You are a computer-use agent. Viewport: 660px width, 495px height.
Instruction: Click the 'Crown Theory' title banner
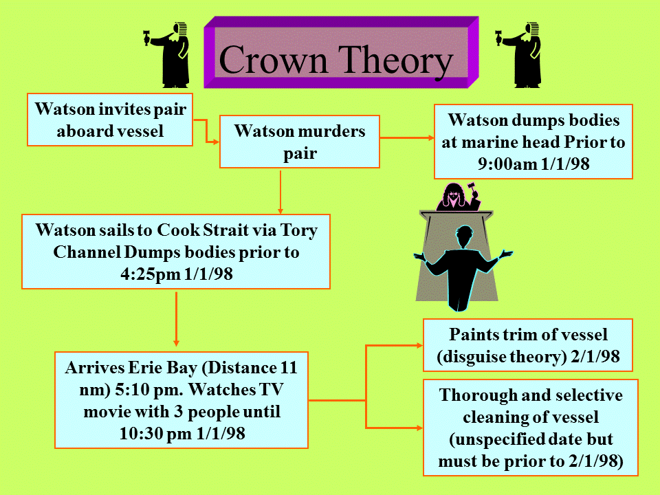[341, 52]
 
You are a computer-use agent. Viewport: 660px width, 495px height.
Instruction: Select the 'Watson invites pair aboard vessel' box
[110, 120]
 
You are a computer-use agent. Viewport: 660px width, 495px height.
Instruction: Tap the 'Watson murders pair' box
[300, 142]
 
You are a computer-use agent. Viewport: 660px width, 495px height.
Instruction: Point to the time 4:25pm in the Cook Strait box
[151, 274]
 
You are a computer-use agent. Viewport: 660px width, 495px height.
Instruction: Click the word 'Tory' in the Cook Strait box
[299, 231]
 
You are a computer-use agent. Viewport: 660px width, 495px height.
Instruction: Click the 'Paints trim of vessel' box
[528, 345]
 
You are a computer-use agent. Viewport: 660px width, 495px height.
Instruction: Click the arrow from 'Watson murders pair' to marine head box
[407, 137]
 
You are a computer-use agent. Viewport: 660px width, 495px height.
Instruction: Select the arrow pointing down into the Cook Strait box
[280, 192]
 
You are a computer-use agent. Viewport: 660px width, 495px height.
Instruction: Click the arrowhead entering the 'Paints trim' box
[419, 346]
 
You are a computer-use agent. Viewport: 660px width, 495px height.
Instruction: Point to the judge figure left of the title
[168, 55]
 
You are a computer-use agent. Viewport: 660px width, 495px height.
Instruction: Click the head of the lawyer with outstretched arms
[465, 234]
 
